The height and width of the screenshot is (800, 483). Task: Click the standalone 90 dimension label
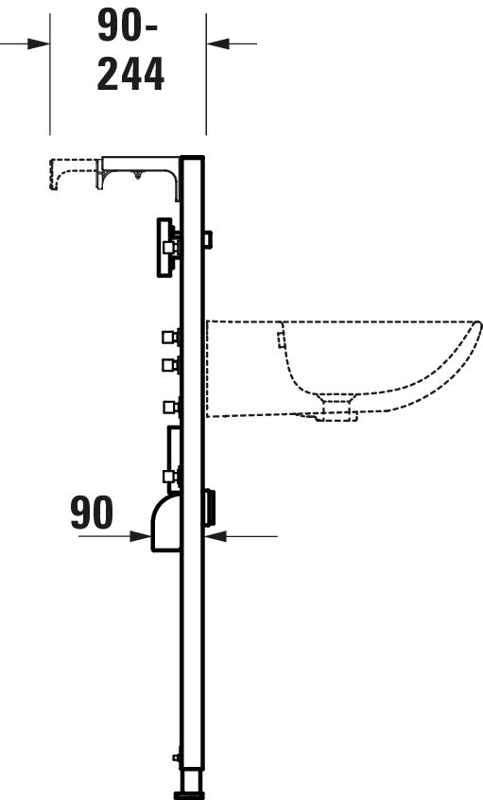click(x=92, y=513)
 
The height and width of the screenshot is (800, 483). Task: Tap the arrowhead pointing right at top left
click(x=39, y=43)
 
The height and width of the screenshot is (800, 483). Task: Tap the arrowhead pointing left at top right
click(x=217, y=43)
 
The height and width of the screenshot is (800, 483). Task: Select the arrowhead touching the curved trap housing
click(x=140, y=536)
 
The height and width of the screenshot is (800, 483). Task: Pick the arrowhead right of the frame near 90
click(x=216, y=536)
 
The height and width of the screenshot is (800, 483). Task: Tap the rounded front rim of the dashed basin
click(x=475, y=329)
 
